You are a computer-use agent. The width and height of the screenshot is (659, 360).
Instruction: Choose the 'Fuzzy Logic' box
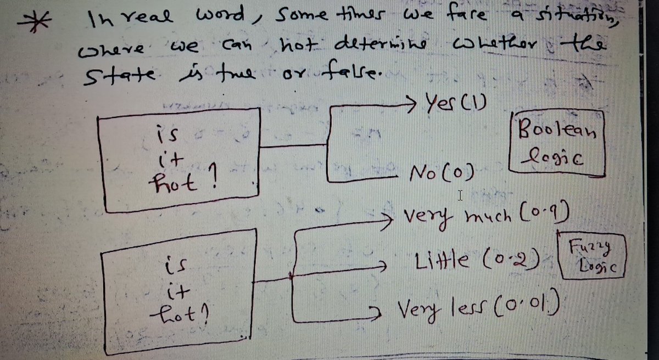point(592,256)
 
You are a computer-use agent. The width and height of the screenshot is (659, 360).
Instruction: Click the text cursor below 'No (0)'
point(461,195)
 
